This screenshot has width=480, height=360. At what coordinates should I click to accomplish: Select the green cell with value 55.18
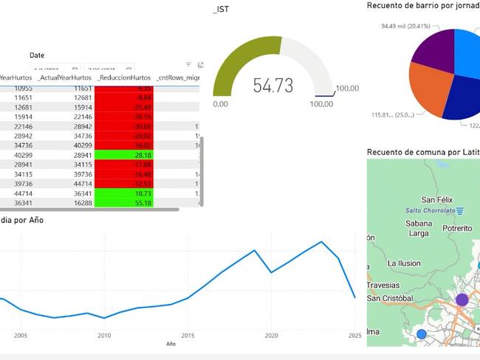pos(124,203)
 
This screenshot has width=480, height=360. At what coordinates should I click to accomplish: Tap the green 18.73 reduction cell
pos(124,193)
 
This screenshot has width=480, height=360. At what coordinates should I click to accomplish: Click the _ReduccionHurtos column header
pos(124,77)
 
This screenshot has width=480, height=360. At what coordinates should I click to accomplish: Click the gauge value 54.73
pos(273,86)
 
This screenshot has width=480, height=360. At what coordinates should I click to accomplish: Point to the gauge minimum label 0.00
pos(221,104)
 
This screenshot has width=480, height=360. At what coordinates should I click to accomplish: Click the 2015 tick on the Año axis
pos(188,335)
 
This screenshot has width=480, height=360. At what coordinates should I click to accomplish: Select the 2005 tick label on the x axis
pos(20,335)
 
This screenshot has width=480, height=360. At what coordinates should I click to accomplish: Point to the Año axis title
pos(171,344)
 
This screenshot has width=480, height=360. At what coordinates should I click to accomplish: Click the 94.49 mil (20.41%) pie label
pos(405,26)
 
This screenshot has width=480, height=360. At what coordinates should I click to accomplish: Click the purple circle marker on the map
pos(462,300)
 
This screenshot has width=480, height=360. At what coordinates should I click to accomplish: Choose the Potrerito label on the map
pos(456,229)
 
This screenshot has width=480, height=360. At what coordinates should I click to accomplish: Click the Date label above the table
pos(37,55)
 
